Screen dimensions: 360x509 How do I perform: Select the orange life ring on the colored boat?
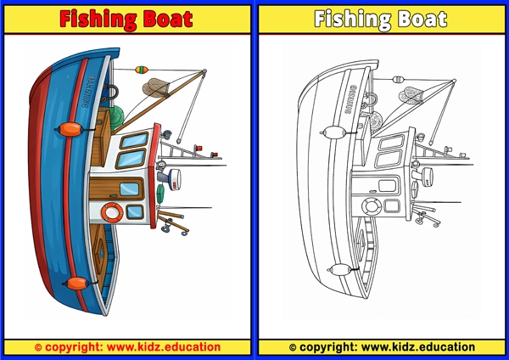point(110,211)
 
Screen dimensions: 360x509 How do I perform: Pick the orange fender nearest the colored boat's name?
point(70,130)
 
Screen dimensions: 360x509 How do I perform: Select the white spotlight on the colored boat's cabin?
point(171,177)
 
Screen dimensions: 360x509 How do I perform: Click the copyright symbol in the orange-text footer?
point(38,346)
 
